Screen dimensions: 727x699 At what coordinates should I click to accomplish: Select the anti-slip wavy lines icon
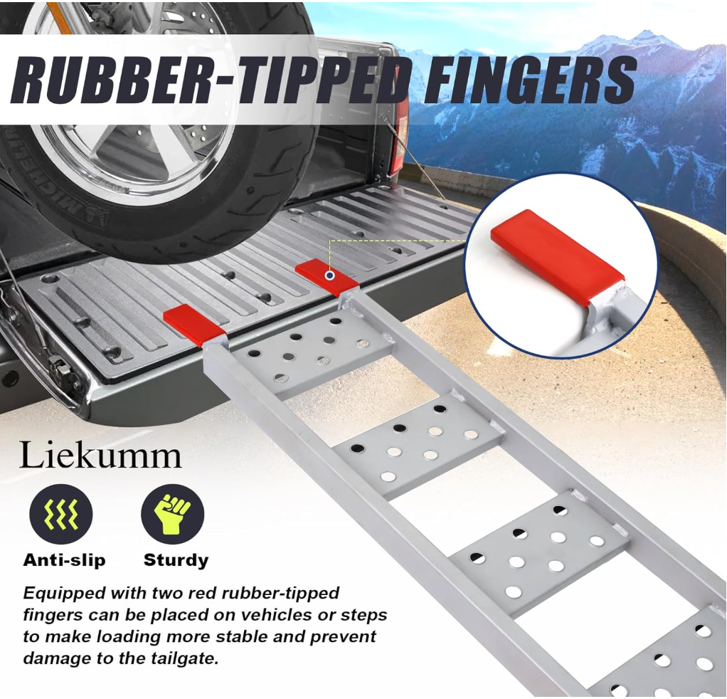61,515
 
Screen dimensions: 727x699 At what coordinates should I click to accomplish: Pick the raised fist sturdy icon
172,515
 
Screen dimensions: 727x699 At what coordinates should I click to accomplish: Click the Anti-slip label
64,560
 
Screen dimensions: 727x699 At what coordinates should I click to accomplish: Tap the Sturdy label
176,560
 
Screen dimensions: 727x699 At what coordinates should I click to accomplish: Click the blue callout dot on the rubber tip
329,275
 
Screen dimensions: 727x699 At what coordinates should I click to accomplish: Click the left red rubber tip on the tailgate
193,324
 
